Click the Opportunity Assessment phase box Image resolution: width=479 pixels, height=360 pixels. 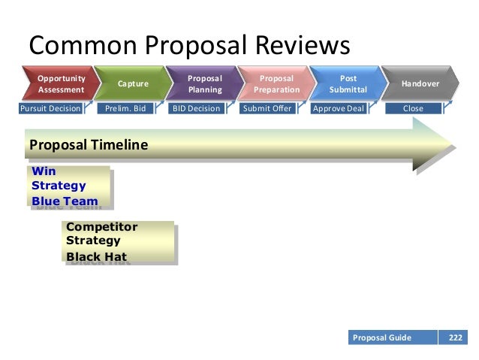coord(61,83)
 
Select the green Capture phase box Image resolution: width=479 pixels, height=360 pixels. coord(133,83)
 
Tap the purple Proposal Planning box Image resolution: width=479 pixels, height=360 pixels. coord(204,83)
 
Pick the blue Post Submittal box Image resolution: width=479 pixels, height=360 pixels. coord(347,83)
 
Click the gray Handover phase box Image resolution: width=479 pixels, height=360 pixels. coord(420,83)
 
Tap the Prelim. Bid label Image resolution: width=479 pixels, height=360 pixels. coord(125,108)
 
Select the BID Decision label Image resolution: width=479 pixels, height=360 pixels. coord(196,108)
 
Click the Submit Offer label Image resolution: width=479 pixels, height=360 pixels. coord(267,108)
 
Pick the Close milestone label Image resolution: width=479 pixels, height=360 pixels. coord(412,108)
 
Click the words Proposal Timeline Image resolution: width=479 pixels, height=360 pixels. coord(88,144)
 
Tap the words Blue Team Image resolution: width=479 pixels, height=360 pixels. coord(65,201)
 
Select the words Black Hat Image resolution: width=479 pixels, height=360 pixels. coord(96,256)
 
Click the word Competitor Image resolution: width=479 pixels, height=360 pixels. coord(102,226)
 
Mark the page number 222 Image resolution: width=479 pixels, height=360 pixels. coord(455,337)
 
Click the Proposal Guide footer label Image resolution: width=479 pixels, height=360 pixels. coord(382,337)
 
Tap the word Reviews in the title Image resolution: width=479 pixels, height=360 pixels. coord(294,47)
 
